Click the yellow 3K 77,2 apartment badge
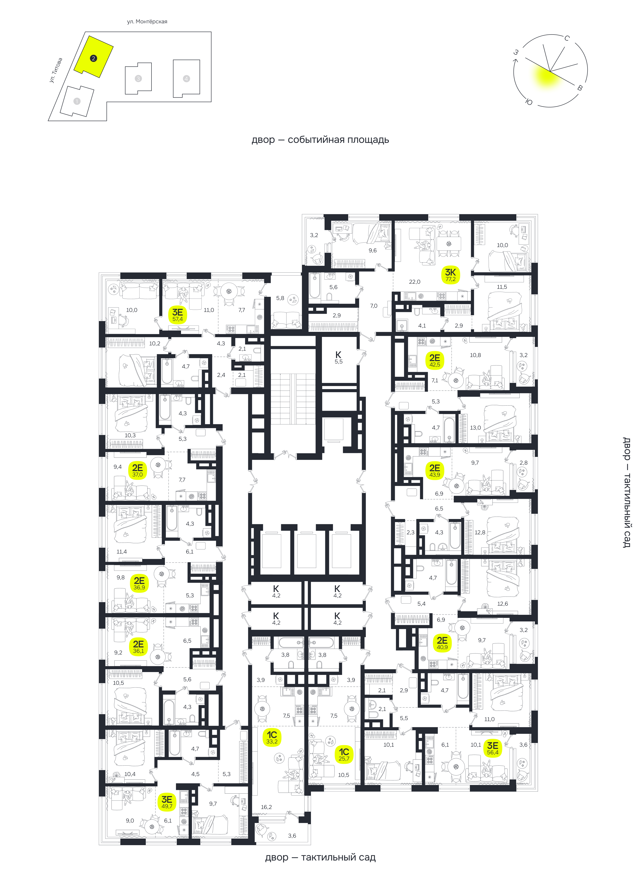pyautogui.click(x=451, y=274)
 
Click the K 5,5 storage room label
pyautogui.click(x=338, y=357)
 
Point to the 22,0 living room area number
pyautogui.click(x=415, y=281)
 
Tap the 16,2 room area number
pyautogui.click(x=266, y=807)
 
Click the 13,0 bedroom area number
pyautogui.click(x=475, y=427)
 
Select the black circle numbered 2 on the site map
pyautogui.click(x=93, y=58)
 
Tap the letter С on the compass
pyautogui.click(x=567, y=38)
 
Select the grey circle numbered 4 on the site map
pyautogui.click(x=186, y=79)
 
